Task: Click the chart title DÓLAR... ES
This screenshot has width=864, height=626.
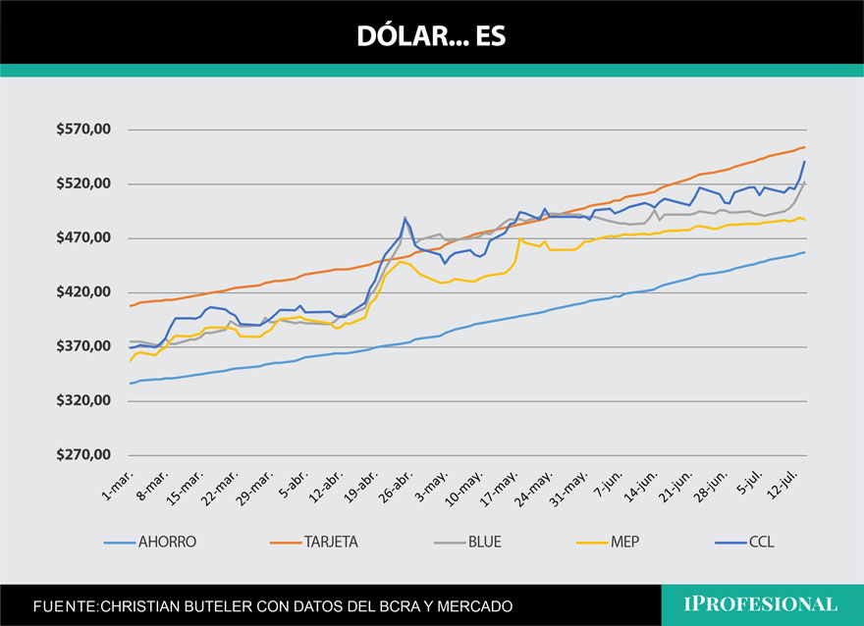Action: point(431,35)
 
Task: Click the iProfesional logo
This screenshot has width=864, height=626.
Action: point(761,604)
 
